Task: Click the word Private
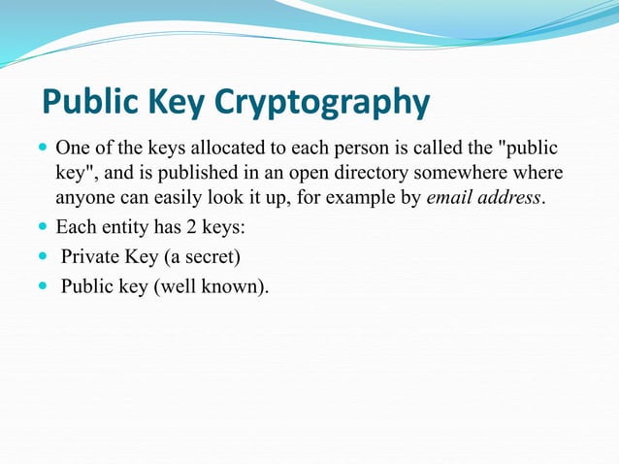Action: coord(89,257)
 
